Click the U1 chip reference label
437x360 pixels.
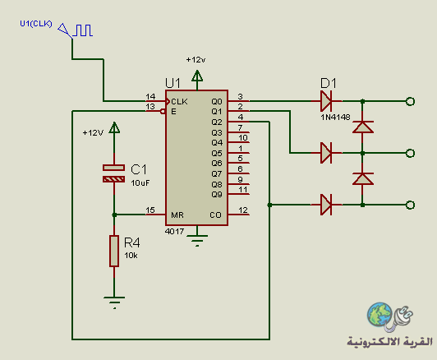(172, 83)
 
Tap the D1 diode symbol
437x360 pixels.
(326, 101)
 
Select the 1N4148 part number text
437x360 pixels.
(335, 117)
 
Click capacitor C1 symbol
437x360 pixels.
(113, 173)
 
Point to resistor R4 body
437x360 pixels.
(114, 251)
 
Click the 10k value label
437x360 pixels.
(131, 256)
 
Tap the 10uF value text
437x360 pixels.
(140, 183)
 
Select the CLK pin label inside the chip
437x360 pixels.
(179, 101)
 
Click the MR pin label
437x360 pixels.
(177, 215)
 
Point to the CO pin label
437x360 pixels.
(215, 215)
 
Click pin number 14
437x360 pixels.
(150, 96)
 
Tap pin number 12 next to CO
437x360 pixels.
(243, 210)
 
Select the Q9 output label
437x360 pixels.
(217, 194)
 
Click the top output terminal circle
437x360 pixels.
(410, 101)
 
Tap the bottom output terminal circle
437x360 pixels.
(410, 205)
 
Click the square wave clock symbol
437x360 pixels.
(83, 30)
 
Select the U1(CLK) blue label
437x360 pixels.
(36, 24)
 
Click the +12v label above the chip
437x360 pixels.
(196, 60)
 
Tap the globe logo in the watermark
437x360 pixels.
(379, 314)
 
